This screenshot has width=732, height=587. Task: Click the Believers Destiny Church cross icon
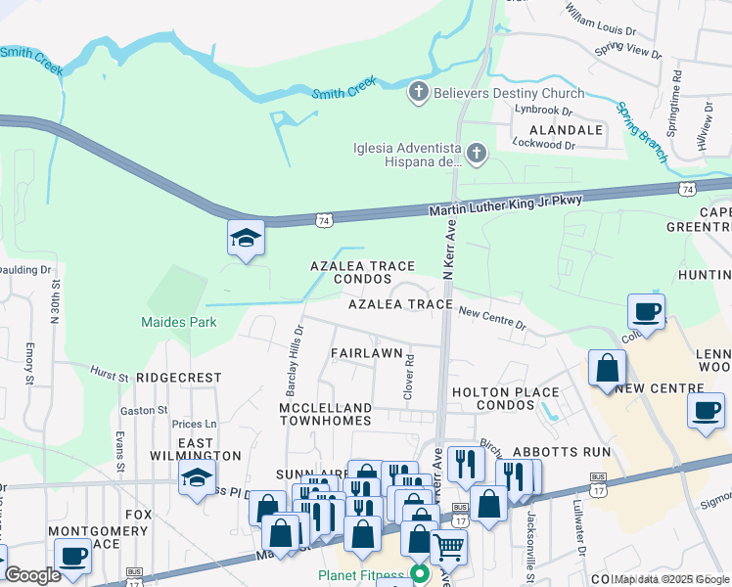(418, 93)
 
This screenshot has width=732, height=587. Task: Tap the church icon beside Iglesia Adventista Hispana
(476, 154)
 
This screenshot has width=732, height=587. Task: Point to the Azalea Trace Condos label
(362, 272)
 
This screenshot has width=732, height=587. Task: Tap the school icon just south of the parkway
(246, 238)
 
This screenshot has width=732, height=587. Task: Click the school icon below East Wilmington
(197, 478)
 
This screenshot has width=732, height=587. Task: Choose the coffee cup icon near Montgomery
(72, 557)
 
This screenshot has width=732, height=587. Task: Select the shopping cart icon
(448, 546)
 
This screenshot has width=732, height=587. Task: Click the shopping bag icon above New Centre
(607, 369)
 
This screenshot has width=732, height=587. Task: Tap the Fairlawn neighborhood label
(367, 352)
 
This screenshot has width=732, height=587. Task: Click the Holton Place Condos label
(506, 400)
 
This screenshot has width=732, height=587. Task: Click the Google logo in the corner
(32, 575)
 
